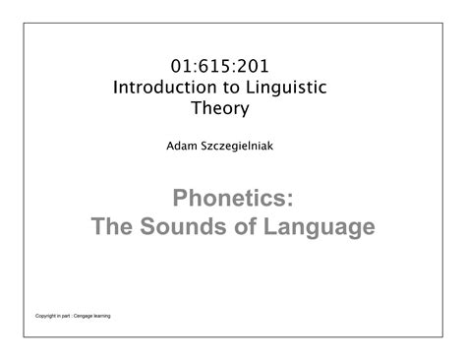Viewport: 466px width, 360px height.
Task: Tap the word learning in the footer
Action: tap(123, 317)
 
